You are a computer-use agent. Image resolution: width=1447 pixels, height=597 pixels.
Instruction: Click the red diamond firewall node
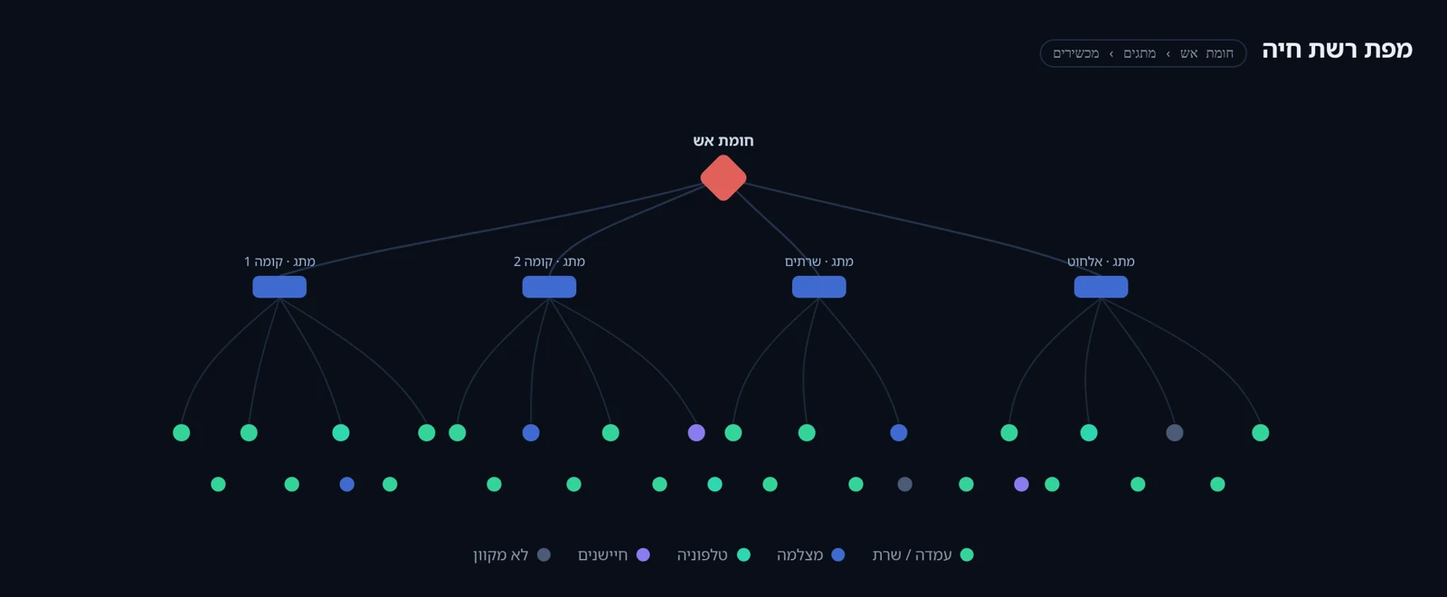[x=723, y=177]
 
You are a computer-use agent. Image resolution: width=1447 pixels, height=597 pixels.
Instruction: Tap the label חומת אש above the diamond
[x=723, y=141]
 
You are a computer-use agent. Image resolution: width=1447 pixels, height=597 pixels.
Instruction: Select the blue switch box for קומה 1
[x=279, y=287]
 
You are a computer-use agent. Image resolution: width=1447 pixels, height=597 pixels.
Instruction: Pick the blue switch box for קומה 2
[x=549, y=287]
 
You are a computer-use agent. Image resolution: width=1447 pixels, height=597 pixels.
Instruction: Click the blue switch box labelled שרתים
[x=819, y=287]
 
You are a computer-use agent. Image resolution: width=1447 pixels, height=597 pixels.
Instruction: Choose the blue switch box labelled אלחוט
[x=1102, y=287]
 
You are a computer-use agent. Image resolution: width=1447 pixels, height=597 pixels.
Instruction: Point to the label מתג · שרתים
[x=819, y=261]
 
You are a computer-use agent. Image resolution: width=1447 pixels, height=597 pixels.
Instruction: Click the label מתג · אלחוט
[x=1101, y=261]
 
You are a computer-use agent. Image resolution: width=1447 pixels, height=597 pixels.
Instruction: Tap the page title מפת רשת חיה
[x=1338, y=50]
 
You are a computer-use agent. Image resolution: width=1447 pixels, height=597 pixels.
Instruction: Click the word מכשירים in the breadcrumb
[x=1076, y=53]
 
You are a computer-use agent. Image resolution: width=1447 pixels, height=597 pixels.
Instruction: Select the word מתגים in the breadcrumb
[x=1140, y=53]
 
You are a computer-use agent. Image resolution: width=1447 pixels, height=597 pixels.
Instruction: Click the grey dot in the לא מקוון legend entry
[x=544, y=555]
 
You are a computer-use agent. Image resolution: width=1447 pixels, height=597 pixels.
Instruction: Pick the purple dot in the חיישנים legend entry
[x=643, y=555]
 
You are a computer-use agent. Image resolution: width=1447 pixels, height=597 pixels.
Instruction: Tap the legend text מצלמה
[x=799, y=555]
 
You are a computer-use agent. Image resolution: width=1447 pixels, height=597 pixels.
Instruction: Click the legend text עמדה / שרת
[x=913, y=555]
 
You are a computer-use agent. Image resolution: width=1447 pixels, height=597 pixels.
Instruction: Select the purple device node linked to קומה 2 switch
[x=696, y=433]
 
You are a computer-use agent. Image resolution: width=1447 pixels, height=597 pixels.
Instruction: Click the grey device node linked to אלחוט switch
[x=1175, y=433]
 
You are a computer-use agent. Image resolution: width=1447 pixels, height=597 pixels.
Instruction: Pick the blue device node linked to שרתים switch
[x=899, y=433]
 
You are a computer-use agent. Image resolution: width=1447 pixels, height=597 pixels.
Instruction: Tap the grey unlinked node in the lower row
[x=905, y=484]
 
